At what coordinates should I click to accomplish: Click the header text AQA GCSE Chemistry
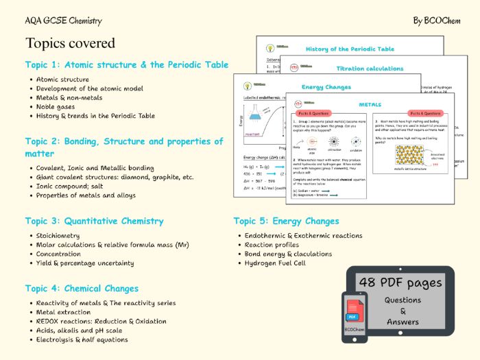pyautogui.click(x=64, y=21)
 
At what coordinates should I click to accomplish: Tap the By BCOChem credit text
pyautogui.click(x=436, y=21)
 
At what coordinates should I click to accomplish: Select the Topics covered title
pyautogui.click(x=70, y=43)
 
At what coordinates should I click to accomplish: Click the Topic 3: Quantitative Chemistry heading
pyautogui.click(x=94, y=221)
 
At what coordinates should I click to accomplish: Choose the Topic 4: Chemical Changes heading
pyautogui.click(x=82, y=288)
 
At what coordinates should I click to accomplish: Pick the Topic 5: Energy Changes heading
pyautogui.click(x=286, y=221)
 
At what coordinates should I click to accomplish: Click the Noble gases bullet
pyautogui.click(x=58, y=106)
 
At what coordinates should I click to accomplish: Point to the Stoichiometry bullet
pyautogui.click(x=58, y=235)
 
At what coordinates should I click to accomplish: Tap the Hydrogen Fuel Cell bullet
pyautogui.click(x=274, y=263)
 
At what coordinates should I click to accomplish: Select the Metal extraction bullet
pyautogui.click(x=64, y=312)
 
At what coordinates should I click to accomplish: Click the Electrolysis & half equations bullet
pyautogui.click(x=82, y=339)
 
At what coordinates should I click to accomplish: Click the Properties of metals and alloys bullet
pyautogui.click(x=86, y=195)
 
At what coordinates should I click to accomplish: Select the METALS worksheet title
pyautogui.click(x=370, y=104)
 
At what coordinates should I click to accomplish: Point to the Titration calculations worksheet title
pyautogui.click(x=370, y=69)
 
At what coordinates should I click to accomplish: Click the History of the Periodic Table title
pyautogui.click(x=350, y=49)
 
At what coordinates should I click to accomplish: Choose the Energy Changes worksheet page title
pyautogui.click(x=326, y=87)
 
